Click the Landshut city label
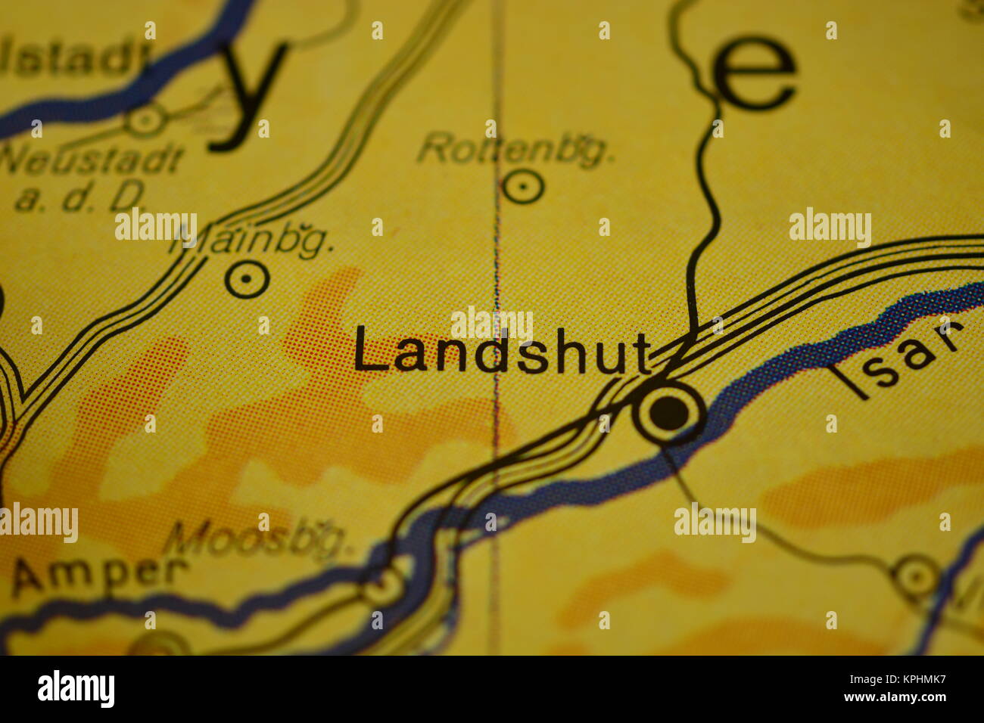click(502, 352)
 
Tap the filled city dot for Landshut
click(669, 413)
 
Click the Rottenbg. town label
click(515, 149)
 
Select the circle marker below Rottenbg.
click(522, 185)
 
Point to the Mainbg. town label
click(254, 240)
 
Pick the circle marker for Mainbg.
click(247, 279)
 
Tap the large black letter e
click(754, 73)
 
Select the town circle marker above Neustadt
click(145, 120)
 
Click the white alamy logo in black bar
click(76, 689)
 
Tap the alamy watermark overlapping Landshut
click(492, 324)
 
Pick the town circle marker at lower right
click(916, 577)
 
